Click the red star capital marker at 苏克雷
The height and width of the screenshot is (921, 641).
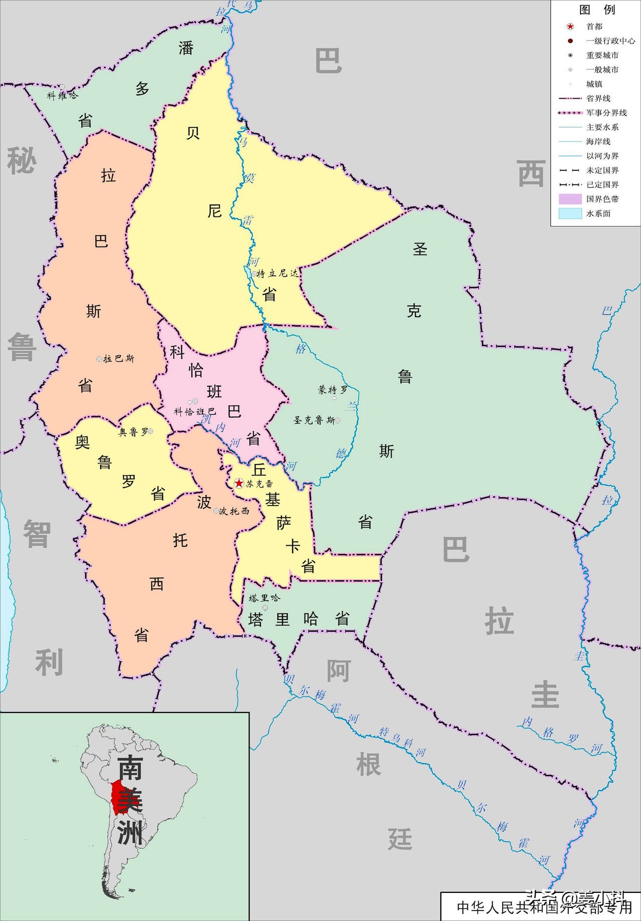239,483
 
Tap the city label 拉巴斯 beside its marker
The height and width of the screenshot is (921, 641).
119,359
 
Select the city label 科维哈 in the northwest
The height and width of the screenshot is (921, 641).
62,95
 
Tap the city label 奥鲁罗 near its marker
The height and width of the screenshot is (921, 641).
133,432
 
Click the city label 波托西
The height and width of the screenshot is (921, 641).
234,511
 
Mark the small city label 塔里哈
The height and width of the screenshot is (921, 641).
264,598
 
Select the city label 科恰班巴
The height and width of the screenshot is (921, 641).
194,412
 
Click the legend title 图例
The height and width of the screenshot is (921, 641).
596,10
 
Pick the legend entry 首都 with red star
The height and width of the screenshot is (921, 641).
594,27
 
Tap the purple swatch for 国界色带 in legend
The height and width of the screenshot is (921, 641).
570,199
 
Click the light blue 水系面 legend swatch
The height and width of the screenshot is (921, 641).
570,213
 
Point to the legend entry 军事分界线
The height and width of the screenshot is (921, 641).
606,113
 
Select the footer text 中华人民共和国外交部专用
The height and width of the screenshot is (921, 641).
544,906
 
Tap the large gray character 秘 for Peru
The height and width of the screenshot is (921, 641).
22,161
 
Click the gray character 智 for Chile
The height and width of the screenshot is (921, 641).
37,534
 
